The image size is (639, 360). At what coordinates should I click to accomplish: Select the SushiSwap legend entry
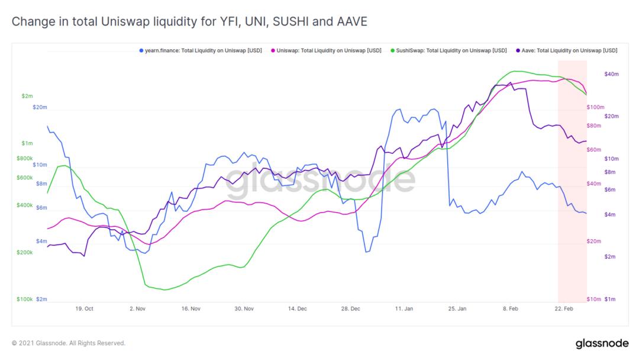(452, 51)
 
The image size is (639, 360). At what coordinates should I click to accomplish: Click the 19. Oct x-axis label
(84, 308)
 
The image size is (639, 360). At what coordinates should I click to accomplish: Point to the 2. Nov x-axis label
(137, 308)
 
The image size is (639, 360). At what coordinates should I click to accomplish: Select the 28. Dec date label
(351, 308)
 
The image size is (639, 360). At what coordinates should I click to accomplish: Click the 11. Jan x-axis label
(404, 308)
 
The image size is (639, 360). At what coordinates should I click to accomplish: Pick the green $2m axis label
(27, 95)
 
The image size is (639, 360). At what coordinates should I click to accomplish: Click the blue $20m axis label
(40, 107)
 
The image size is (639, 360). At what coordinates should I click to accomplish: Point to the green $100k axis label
(24, 300)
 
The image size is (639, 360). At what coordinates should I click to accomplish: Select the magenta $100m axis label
(594, 107)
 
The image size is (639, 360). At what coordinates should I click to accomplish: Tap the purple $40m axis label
(611, 74)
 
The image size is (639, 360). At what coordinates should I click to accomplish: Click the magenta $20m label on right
(593, 242)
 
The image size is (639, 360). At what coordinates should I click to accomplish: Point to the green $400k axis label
(24, 205)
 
